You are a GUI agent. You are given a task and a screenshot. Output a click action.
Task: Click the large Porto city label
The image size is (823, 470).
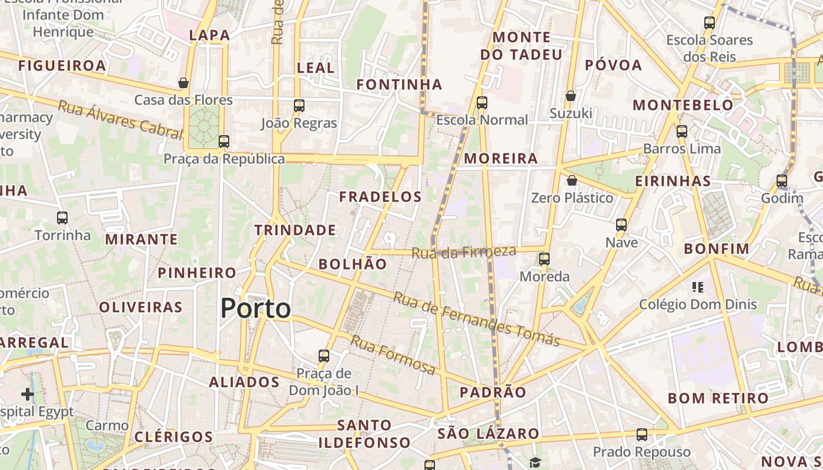tap(256, 308)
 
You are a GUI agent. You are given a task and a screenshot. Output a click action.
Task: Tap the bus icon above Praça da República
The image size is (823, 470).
tap(223, 142)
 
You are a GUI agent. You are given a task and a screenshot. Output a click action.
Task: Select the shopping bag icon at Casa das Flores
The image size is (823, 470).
tap(183, 83)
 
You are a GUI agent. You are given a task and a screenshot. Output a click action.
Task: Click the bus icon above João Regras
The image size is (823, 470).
tap(299, 106)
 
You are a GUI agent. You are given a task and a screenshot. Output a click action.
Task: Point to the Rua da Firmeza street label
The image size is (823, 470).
tap(464, 252)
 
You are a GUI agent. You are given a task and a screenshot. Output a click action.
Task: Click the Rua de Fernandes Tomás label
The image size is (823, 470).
tap(476, 319)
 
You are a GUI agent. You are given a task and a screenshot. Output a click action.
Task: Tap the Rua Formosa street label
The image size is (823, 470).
tap(393, 355)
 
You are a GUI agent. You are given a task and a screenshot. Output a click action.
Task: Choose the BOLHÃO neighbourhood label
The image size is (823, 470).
tap(353, 264)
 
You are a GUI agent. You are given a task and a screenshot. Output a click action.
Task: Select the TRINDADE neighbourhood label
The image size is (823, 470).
tap(295, 230)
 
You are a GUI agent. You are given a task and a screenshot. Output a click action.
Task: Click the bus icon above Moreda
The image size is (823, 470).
tap(544, 259)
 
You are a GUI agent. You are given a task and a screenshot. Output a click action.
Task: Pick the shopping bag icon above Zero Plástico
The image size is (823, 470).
tap(571, 180)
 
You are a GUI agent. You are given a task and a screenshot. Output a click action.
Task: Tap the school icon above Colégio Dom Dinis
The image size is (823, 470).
tap(698, 287)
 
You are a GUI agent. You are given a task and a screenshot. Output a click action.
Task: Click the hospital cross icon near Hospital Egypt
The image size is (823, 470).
tap(28, 394)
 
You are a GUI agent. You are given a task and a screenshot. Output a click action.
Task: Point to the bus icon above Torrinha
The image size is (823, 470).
tap(62, 218)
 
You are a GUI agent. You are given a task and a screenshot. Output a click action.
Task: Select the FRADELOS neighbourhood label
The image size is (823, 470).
tap(381, 197)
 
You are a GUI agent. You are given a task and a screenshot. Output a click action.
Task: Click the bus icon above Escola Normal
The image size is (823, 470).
tap(482, 103)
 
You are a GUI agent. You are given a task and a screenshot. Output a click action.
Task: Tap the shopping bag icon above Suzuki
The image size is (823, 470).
tap(570, 95)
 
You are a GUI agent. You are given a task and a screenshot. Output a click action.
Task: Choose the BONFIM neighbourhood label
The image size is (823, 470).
tap(717, 249)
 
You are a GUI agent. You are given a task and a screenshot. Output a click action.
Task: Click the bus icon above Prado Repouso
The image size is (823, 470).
tap(641, 435)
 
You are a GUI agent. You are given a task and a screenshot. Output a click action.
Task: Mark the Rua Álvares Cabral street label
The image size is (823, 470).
tap(120, 120)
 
